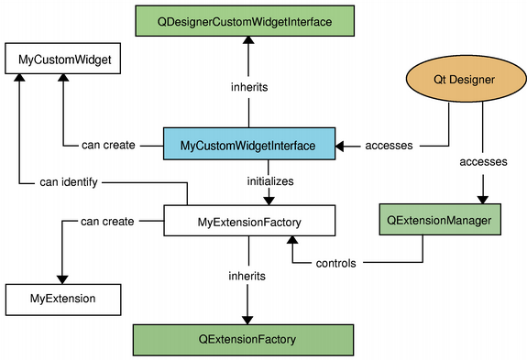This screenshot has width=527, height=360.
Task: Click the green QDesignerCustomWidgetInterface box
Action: click(247, 19)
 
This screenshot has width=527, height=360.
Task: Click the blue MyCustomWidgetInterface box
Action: click(247, 145)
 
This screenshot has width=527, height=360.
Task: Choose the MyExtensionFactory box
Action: click(249, 221)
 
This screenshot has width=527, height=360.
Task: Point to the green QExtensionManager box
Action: click(441, 221)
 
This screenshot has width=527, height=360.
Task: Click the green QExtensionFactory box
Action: click(247, 338)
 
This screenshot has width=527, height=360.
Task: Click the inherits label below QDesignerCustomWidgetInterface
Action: click(247, 87)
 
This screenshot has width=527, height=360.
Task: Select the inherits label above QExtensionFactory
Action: click(247, 275)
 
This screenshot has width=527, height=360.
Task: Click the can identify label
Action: click(68, 181)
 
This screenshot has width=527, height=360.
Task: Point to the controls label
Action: click(336, 263)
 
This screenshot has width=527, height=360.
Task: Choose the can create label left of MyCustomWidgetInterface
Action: click(108, 145)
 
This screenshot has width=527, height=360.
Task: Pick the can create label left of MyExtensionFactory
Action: click(107, 221)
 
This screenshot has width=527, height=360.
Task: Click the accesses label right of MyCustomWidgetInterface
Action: click(389, 145)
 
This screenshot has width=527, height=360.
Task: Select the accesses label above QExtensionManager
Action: click(482, 160)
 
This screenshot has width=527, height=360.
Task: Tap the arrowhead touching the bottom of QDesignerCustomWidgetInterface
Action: click(247, 39)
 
